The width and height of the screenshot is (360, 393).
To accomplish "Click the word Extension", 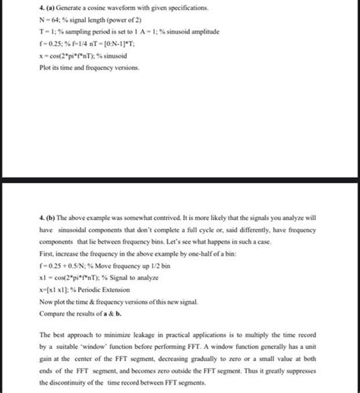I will point(118,289).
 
